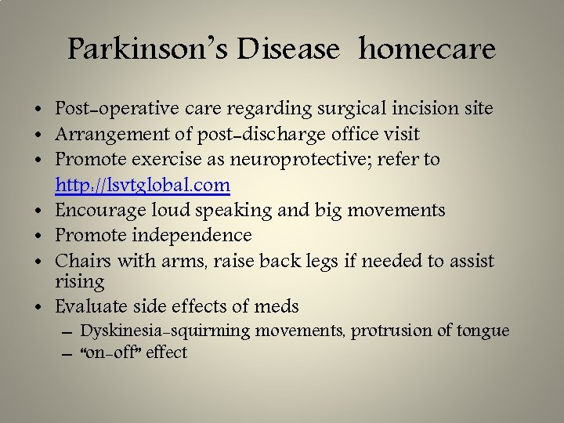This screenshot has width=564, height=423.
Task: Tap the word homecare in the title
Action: click(x=428, y=49)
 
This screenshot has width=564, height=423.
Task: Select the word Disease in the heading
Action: click(x=290, y=49)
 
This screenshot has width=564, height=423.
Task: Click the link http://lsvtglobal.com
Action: click(x=143, y=186)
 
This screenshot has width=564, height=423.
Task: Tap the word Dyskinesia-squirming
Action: click(x=165, y=331)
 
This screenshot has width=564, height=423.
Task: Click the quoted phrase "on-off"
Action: click(x=111, y=352)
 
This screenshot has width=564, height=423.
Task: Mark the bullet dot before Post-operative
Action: click(x=38, y=109)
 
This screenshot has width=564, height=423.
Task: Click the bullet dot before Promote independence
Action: click(x=38, y=236)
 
